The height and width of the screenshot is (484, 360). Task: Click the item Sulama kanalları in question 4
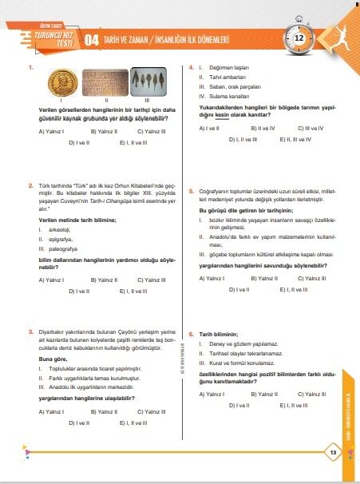click(x=232, y=97)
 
